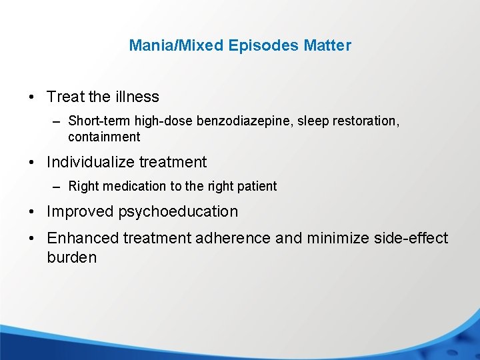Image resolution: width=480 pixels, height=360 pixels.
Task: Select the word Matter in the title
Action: click(x=327, y=46)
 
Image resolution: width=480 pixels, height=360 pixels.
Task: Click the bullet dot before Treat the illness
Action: click(x=33, y=97)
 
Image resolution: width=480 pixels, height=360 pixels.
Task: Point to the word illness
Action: click(x=137, y=97)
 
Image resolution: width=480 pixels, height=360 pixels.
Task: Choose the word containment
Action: click(x=104, y=137)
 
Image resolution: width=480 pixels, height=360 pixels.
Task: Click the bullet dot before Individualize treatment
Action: click(x=33, y=163)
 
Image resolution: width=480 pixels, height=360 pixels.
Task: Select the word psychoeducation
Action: click(x=178, y=212)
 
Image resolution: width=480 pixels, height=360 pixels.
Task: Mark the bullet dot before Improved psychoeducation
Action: click(x=33, y=213)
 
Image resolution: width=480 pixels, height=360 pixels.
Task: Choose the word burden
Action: click(x=72, y=257)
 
